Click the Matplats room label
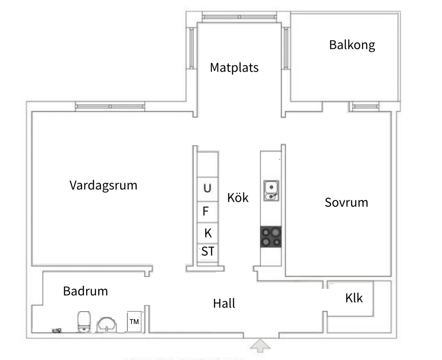tap(234, 67)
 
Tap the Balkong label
tap(352, 44)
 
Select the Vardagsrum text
tap(103, 185)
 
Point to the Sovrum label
tap(346, 202)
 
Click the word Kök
tap(238, 198)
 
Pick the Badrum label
tap(85, 291)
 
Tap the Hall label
tap(224, 303)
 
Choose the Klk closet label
tap(354, 299)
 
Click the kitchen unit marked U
tap(207, 188)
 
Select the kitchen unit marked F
tap(206, 211)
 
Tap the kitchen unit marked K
tap(208, 233)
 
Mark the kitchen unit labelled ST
tap(208, 252)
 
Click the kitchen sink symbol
tap(271, 191)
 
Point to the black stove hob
tap(271, 237)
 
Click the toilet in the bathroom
tap(83, 322)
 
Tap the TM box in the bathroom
tap(134, 322)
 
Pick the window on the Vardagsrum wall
tap(110, 106)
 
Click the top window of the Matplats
tap(239, 17)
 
